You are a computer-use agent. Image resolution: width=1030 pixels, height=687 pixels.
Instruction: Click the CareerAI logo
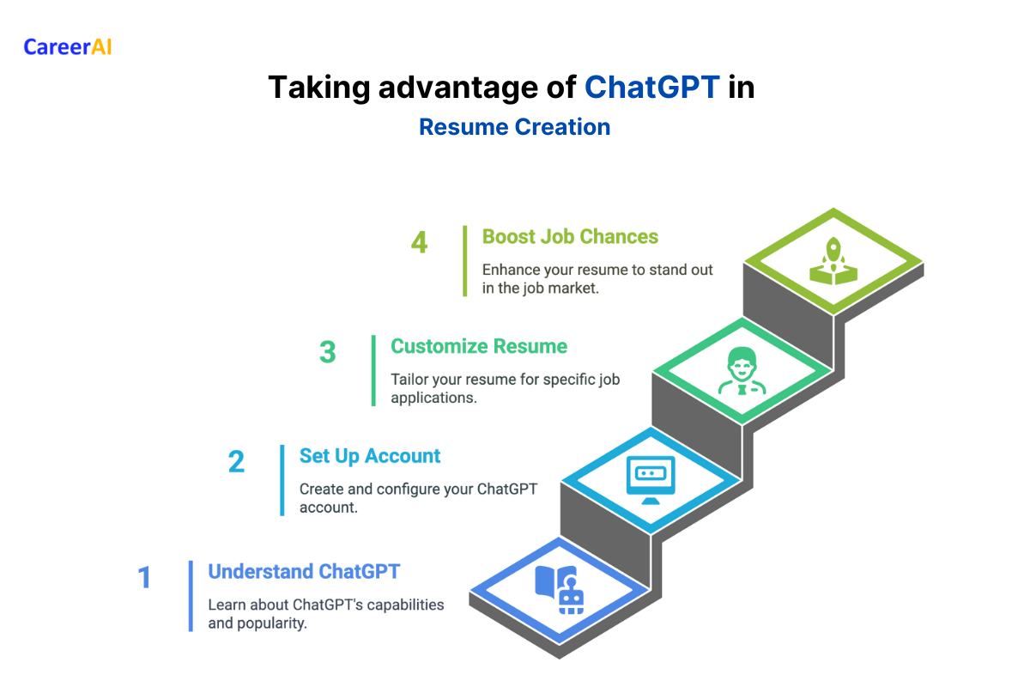(x=68, y=46)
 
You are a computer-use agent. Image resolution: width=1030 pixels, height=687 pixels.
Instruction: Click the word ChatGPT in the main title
(x=651, y=88)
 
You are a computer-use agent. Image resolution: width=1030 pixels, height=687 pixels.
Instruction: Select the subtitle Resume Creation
(x=514, y=127)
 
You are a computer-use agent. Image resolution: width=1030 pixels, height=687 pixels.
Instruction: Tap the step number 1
(x=145, y=578)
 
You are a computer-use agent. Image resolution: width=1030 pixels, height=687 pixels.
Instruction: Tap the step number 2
(x=236, y=463)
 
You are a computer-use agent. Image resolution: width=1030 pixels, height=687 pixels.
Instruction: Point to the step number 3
(x=327, y=353)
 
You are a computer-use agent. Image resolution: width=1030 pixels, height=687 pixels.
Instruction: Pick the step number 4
(x=419, y=243)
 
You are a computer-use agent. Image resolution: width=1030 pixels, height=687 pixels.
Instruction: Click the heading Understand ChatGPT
(x=304, y=572)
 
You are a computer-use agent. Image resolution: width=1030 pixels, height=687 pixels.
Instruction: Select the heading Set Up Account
(x=369, y=456)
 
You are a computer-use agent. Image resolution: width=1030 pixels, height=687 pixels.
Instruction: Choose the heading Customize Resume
(x=478, y=346)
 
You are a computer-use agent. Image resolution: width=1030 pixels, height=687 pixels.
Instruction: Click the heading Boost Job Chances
(x=570, y=237)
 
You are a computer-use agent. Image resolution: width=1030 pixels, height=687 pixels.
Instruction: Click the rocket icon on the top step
(x=833, y=262)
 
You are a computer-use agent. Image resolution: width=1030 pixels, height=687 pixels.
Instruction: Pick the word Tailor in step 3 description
(x=410, y=379)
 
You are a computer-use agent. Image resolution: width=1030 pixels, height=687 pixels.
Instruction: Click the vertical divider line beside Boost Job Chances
(x=464, y=260)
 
